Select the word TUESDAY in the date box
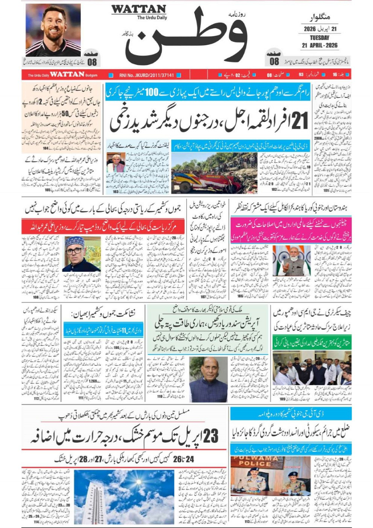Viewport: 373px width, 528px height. coord(319,38)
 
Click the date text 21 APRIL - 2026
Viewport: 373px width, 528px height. coord(319,45)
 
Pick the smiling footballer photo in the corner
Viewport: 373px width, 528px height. coord(53,30)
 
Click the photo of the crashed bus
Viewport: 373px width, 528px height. coord(213,173)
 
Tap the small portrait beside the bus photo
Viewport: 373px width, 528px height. coord(116,163)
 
